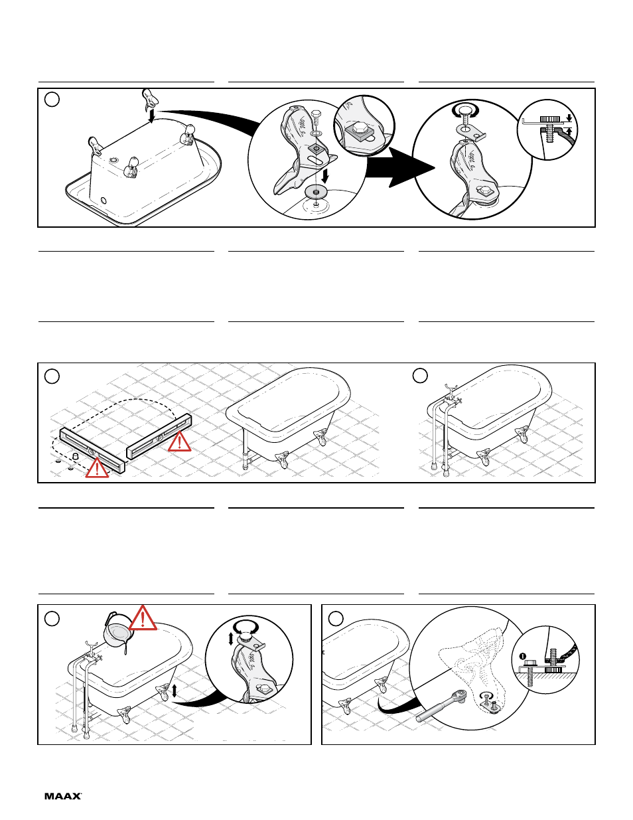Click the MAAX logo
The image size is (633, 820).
[63, 796]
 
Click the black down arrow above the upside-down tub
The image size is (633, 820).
[151, 116]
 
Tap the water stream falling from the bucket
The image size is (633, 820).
[125, 648]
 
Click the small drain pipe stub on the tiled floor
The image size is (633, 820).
[75, 457]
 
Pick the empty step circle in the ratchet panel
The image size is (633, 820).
[336, 618]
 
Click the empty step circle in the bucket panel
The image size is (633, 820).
[52, 618]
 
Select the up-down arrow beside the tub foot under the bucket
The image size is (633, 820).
[174, 691]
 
